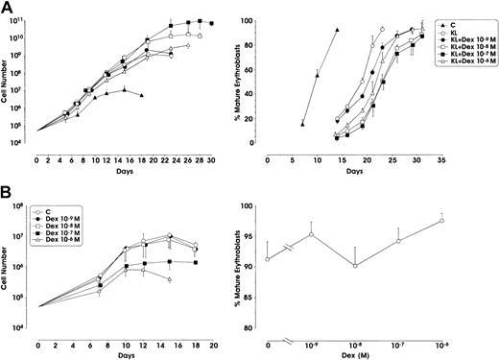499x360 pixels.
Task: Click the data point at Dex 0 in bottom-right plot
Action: point(268,258)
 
